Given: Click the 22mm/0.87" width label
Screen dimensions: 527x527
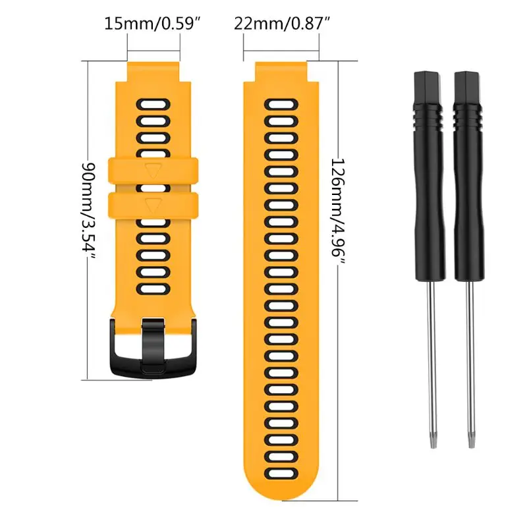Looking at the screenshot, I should (x=282, y=24).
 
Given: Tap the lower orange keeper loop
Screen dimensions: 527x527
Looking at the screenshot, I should (x=153, y=204).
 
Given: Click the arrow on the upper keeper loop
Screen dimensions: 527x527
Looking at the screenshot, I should (x=153, y=171).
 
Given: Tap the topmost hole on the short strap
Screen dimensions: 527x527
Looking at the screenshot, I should (x=153, y=103).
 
